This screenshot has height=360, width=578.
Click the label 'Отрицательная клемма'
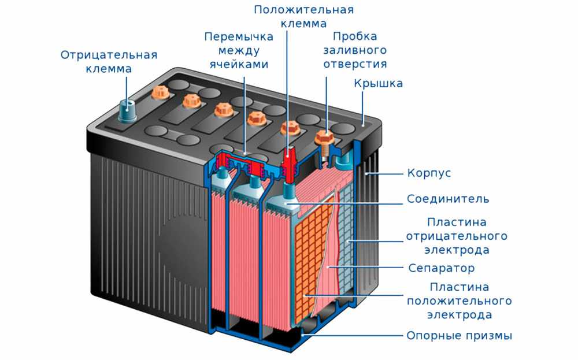click(x=109, y=62)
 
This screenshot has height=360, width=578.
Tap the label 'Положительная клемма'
click(x=304, y=17)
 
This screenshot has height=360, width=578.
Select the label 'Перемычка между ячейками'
click(x=239, y=50)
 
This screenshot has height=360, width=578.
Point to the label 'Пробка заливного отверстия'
click(x=355, y=50)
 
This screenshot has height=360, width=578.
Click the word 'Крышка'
click(x=378, y=83)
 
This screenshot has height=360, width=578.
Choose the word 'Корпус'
click(x=429, y=173)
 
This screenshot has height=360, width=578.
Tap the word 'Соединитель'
click(x=448, y=199)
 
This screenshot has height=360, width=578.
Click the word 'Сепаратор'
click(x=441, y=268)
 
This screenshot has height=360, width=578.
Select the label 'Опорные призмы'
click(x=460, y=336)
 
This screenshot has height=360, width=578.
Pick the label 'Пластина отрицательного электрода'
click(x=457, y=236)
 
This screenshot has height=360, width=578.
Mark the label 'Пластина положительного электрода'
click(x=460, y=300)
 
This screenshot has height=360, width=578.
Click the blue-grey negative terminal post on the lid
click(x=128, y=110)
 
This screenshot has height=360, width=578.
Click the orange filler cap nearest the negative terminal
click(x=160, y=92)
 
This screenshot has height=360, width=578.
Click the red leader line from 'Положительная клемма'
click(x=287, y=88)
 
